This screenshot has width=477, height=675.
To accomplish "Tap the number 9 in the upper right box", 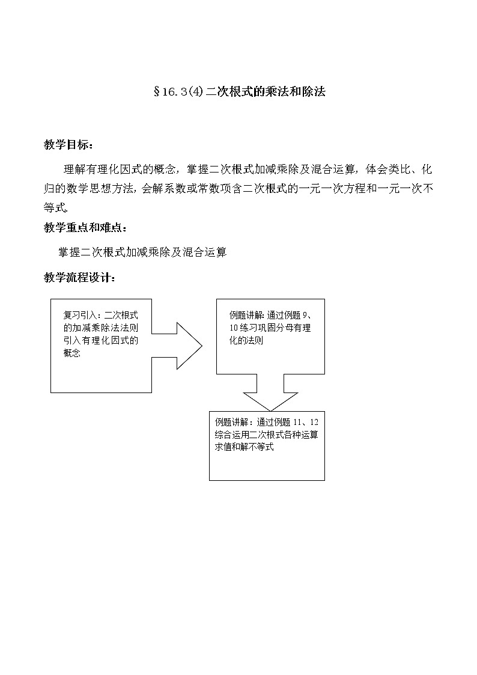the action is [x=315, y=315].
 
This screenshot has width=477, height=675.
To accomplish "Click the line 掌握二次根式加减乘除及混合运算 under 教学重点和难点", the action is [x=142, y=252].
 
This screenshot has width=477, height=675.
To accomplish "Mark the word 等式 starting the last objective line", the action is [x=53, y=208].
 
